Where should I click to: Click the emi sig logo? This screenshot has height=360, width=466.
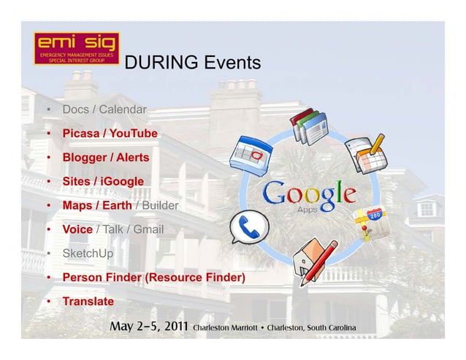point(76,49)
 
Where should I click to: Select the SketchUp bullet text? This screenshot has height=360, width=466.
point(88,253)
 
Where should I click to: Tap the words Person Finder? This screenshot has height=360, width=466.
point(102,277)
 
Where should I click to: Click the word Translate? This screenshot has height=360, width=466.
point(88,301)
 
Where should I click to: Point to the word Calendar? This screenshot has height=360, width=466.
point(123,110)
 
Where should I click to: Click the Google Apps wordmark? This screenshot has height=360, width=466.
point(309,196)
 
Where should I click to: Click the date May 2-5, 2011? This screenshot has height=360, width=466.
point(148,326)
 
